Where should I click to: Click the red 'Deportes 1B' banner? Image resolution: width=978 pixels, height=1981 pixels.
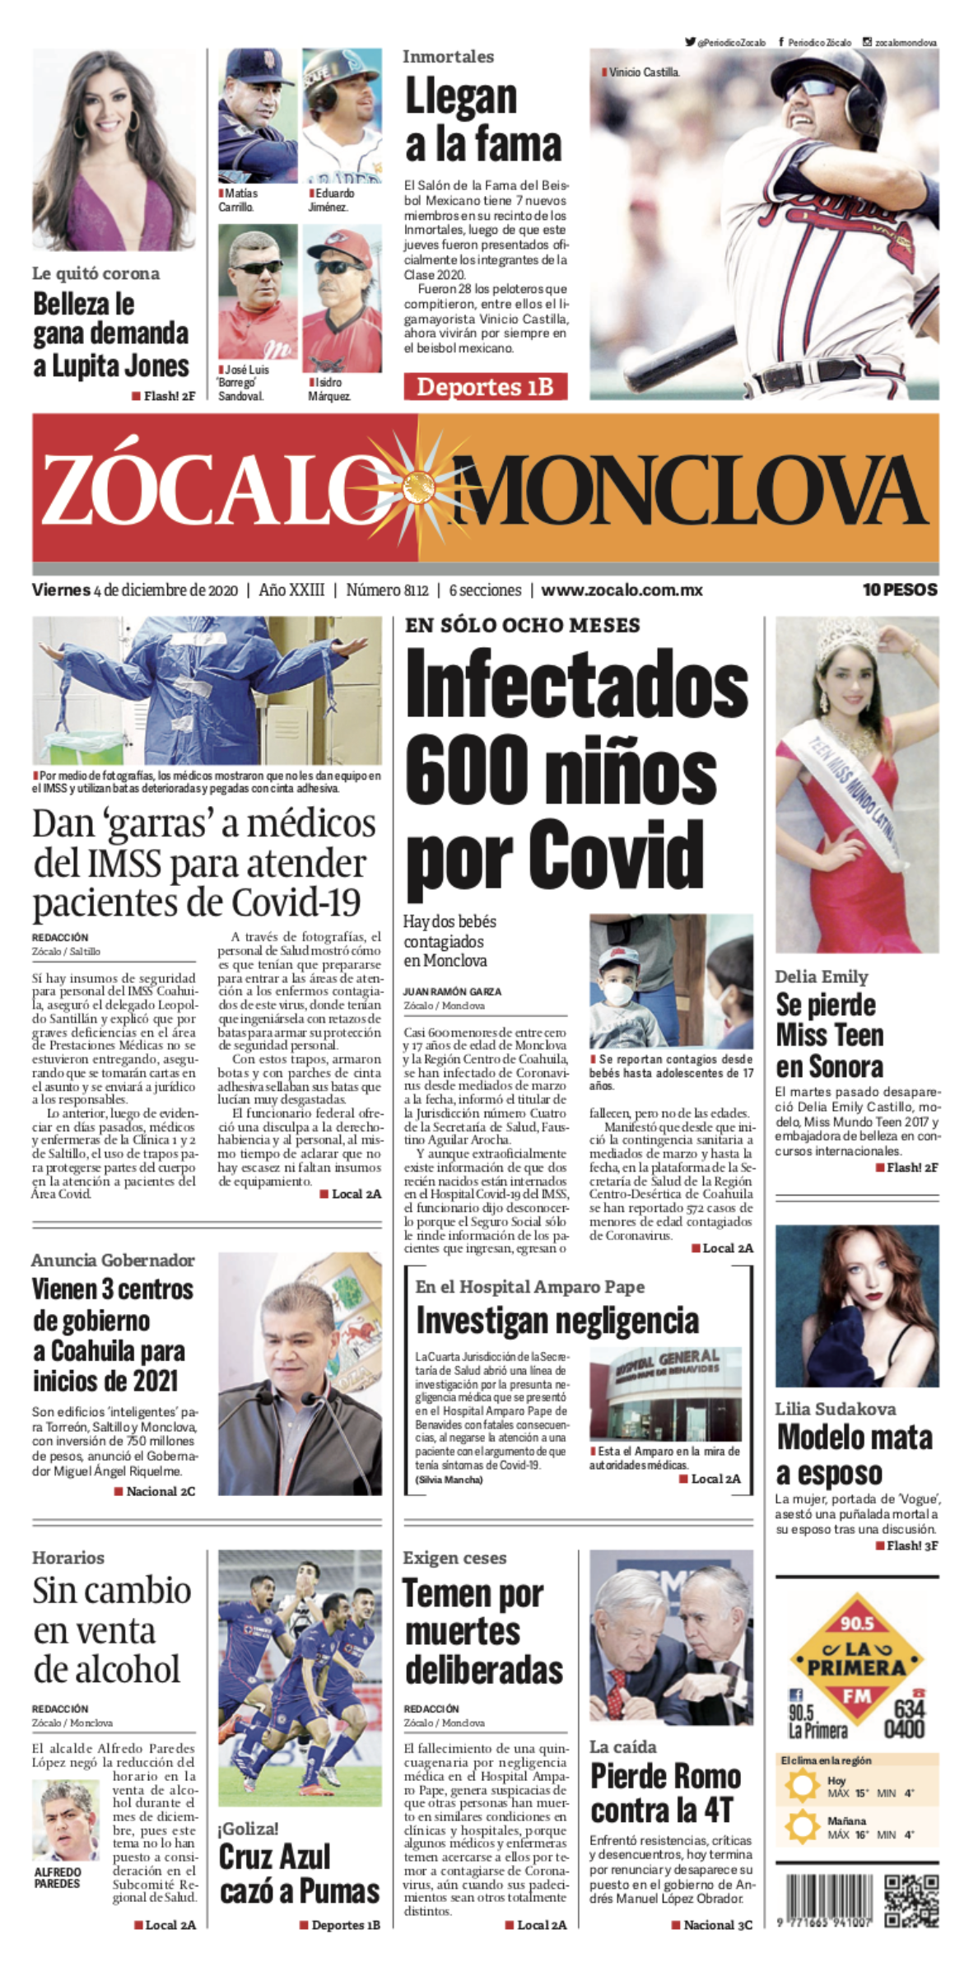point(485,386)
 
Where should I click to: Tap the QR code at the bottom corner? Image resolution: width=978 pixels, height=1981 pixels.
point(910,1901)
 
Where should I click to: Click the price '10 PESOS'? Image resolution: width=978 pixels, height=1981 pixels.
point(900,590)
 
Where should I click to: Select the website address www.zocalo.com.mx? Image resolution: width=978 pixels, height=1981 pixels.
point(622,590)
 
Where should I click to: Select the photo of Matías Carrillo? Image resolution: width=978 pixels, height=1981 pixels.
point(257,116)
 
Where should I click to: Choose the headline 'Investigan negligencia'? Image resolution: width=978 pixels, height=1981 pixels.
point(557,1320)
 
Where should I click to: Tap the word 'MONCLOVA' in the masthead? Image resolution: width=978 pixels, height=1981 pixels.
point(687,489)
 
